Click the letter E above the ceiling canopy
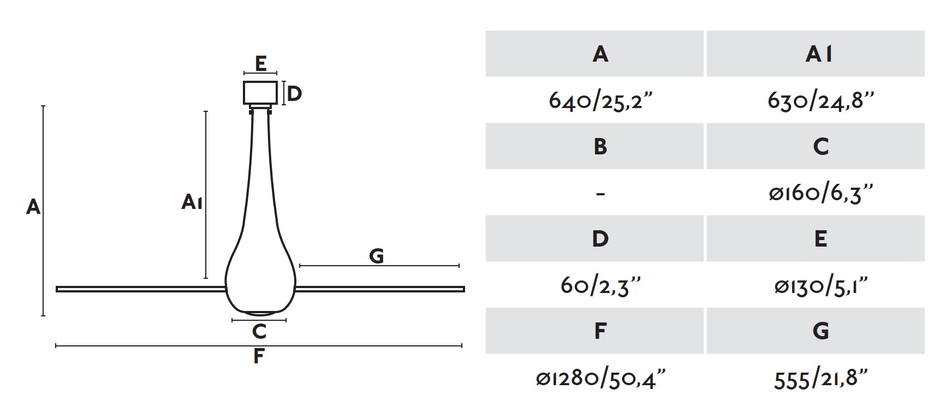click(261, 63)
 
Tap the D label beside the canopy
click(294, 94)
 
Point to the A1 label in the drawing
click(192, 202)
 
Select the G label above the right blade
click(377, 256)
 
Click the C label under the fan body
click(259, 331)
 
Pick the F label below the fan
click(259, 356)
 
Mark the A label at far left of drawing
click(33, 207)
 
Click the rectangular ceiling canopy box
click(260, 93)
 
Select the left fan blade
click(141, 289)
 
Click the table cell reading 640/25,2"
click(600, 100)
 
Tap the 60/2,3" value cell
click(600, 285)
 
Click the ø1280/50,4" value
click(600, 378)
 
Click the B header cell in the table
click(595, 146)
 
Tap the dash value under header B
click(600, 194)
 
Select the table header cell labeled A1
click(816, 53)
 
